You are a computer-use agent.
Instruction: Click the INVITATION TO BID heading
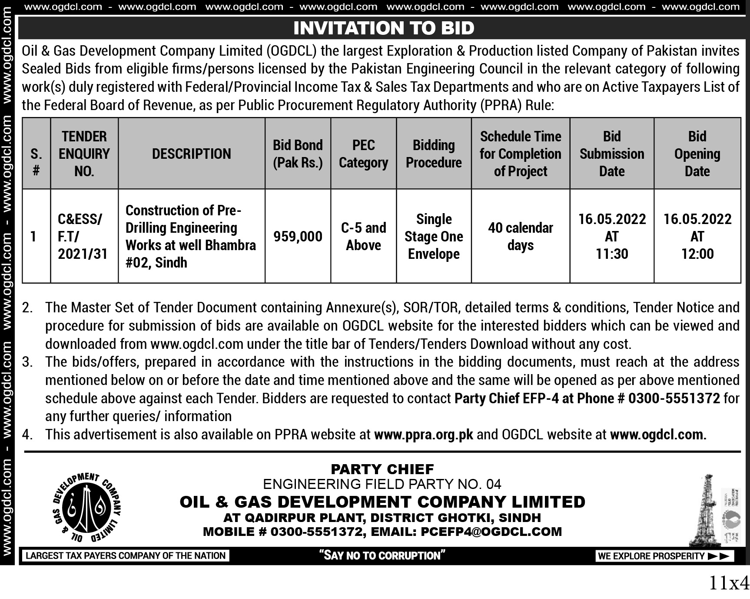[384, 28]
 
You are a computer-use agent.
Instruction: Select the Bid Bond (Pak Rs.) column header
[298, 154]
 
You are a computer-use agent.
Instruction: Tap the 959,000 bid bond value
[298, 236]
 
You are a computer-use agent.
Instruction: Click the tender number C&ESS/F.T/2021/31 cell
[83, 236]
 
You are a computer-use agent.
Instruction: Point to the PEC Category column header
[363, 154]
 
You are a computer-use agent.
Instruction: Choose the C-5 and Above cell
[363, 236]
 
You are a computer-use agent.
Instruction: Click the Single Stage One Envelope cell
[434, 236]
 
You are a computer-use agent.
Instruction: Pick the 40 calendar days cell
[520, 236]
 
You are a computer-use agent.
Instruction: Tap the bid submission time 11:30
[612, 254]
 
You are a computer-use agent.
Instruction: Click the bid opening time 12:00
[697, 254]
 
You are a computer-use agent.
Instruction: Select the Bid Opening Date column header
[697, 154]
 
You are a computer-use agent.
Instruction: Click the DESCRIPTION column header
[191, 154]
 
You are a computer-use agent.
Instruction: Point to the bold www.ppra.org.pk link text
[423, 435]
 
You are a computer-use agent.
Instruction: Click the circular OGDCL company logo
[86, 507]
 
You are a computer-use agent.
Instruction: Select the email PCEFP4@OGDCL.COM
[491, 532]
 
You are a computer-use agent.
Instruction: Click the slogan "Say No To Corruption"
[382, 555]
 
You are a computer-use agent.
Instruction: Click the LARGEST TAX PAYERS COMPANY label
[126, 555]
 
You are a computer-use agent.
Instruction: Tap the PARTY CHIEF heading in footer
[382, 469]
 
